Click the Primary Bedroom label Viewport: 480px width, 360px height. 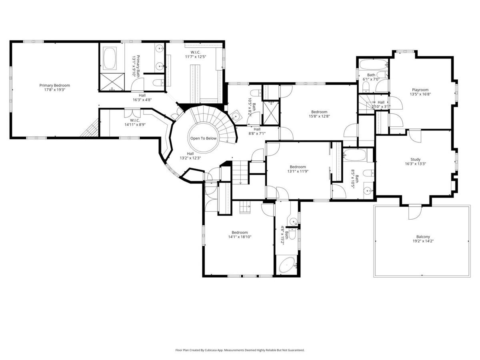tap(54, 85)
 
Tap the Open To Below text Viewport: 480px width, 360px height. tap(203, 138)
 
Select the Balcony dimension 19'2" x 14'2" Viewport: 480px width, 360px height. tap(423, 241)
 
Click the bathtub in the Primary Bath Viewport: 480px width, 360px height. tap(110, 58)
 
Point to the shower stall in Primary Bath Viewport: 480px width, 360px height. tap(112, 82)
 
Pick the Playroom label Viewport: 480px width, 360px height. tap(420, 90)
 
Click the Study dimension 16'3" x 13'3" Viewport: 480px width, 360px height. tap(415, 164)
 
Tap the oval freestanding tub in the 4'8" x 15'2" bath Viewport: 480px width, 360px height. tap(287, 265)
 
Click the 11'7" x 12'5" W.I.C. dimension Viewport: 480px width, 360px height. tap(196, 57)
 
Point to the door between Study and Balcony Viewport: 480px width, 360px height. tap(415, 212)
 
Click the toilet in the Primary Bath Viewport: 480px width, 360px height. tap(158, 83)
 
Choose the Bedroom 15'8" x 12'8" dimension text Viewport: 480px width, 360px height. tap(319, 116)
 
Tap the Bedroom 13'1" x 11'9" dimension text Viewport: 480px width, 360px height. tap(298, 171)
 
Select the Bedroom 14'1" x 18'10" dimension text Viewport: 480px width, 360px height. tap(240, 237)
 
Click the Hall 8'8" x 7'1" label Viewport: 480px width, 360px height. tap(257, 131)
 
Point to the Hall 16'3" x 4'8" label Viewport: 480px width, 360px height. tap(142, 98)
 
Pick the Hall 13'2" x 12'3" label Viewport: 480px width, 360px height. tap(190, 156)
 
